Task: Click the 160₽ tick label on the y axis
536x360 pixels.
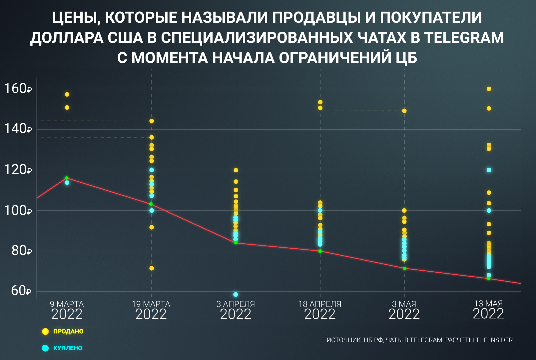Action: coord(17,89)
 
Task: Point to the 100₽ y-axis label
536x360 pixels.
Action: coord(17,210)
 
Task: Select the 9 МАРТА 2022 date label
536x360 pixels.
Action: coord(67,310)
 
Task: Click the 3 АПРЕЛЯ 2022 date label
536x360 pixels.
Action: coord(236,310)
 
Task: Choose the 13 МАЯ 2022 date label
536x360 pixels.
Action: coord(488,310)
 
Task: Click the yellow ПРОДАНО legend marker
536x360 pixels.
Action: coord(45,331)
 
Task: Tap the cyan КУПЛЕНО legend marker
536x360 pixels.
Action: coord(45,348)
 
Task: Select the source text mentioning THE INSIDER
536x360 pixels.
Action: coord(419,340)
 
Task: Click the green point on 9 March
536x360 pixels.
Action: coord(67,178)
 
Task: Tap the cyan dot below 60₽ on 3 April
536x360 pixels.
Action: coord(236,294)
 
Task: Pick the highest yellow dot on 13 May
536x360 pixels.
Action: coord(489,89)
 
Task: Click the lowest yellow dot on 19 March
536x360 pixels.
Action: coord(152,268)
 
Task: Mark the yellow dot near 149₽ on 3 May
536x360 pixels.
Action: coord(404,111)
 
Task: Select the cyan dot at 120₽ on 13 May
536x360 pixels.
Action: coord(489,170)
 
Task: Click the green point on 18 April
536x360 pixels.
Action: coord(320,251)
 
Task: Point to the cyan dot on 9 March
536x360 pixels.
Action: coord(67,183)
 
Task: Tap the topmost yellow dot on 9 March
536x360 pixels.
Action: coord(67,94)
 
